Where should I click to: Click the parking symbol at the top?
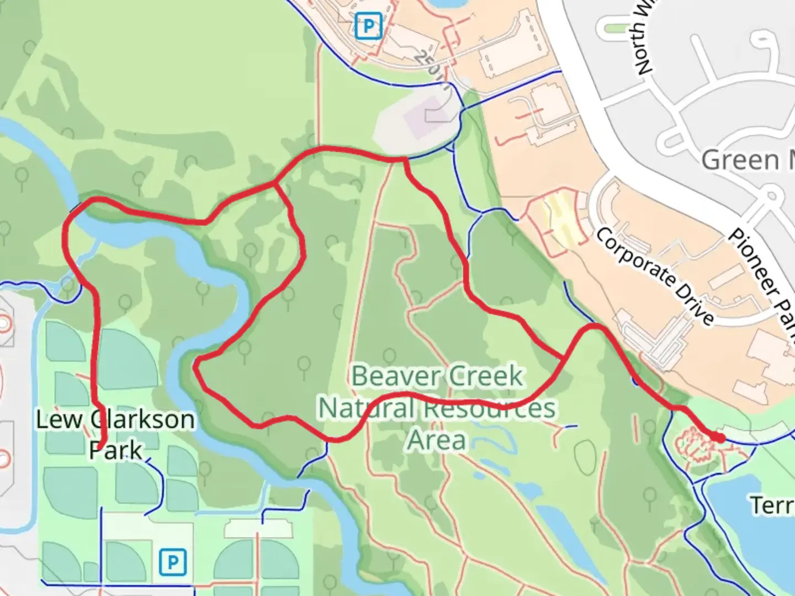point(368,26)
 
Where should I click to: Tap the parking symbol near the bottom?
point(173,562)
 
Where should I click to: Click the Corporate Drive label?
point(654,275)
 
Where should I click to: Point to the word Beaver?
point(391,376)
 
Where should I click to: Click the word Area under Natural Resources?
point(436,440)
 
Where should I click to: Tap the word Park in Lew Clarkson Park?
point(116,450)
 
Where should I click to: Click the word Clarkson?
point(142,420)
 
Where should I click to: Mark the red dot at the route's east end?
point(719,438)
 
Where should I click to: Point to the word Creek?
point(486,376)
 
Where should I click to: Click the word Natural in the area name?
point(367,409)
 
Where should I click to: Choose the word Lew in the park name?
point(59,420)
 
